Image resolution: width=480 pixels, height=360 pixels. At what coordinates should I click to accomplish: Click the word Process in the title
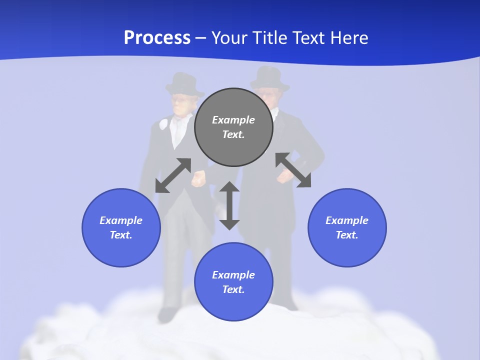point(157,38)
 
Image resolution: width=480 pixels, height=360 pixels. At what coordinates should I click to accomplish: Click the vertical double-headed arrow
point(229,205)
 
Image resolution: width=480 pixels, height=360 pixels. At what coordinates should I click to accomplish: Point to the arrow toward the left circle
point(173,175)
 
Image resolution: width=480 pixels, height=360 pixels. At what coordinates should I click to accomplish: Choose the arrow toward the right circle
point(293,170)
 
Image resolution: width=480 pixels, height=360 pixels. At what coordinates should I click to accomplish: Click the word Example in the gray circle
point(233,120)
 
